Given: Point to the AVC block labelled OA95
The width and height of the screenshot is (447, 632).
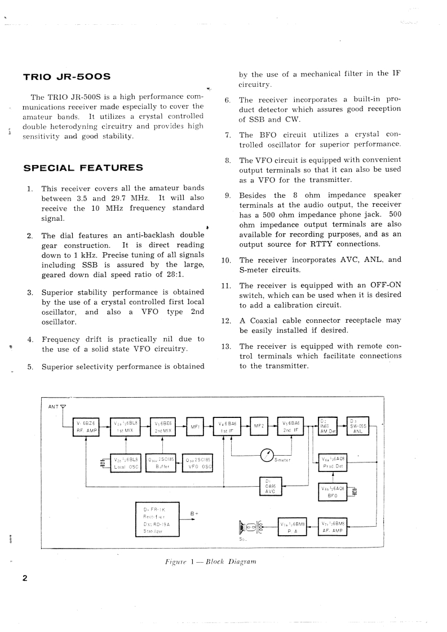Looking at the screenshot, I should click(269, 485).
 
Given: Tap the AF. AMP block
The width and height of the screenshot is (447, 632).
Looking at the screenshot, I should click(333, 527).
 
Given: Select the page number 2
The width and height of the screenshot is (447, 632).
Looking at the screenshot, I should click(25, 578).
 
